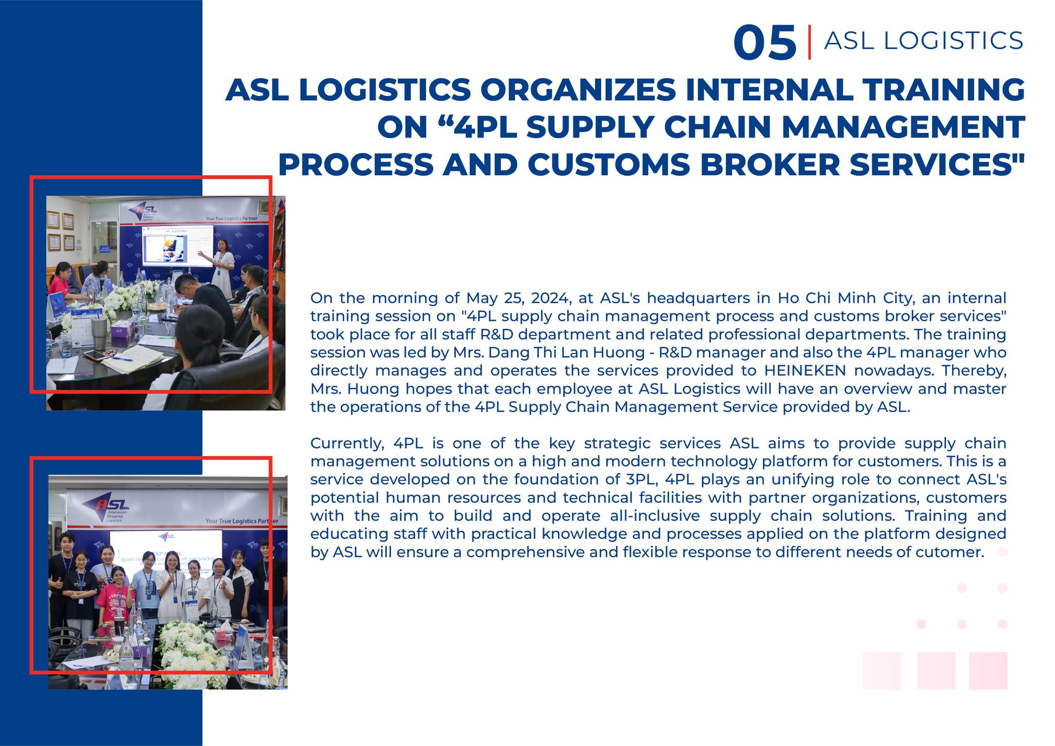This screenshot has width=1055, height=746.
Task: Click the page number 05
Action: coord(765,43)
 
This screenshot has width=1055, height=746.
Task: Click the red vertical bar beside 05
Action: coord(809,42)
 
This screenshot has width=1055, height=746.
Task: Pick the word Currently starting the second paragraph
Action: coord(347,444)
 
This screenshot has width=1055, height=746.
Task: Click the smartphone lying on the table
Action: coord(93,355)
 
